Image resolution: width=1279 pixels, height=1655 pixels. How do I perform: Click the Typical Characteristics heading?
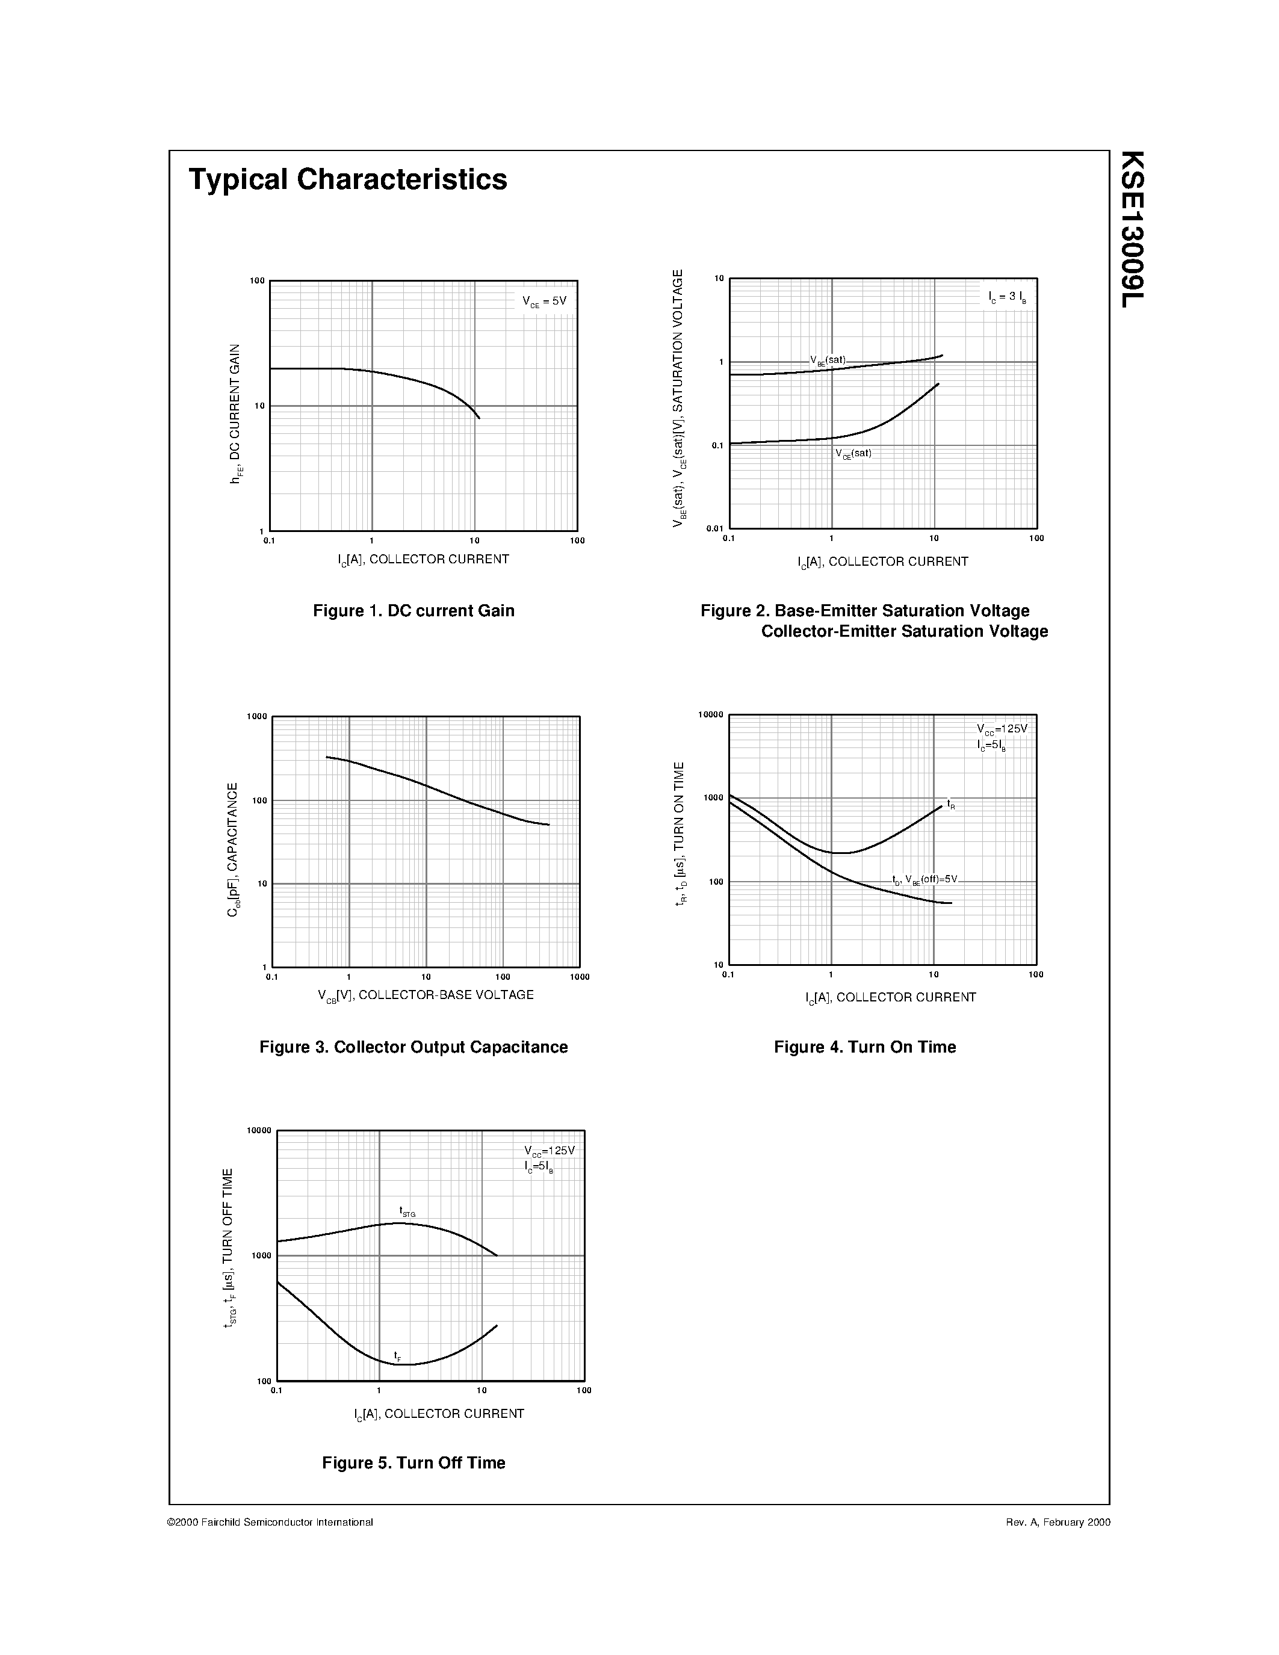[348, 179]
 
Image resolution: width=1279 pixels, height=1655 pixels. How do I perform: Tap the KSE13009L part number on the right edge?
[1132, 229]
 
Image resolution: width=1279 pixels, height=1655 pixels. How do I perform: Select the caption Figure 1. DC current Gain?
[413, 611]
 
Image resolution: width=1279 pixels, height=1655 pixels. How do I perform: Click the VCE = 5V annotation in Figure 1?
[544, 301]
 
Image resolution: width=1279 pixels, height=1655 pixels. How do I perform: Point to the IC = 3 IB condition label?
[1007, 297]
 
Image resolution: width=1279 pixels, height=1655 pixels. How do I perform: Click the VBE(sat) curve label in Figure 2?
[828, 360]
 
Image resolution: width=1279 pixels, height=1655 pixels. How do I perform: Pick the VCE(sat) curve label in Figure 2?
[854, 454]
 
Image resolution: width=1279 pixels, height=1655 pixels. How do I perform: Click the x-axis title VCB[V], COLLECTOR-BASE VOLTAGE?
[425, 995]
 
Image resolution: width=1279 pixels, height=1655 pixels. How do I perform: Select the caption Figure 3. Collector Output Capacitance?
[413, 1047]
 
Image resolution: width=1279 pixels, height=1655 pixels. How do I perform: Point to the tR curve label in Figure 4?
[951, 803]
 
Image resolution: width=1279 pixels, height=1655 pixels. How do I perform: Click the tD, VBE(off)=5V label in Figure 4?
[924, 880]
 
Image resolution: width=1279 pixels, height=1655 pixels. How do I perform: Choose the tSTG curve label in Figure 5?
[407, 1211]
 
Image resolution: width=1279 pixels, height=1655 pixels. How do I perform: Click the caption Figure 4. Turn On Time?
[864, 1047]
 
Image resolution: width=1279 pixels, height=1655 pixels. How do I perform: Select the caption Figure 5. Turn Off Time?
[413, 1462]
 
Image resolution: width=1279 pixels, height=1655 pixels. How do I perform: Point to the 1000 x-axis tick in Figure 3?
[580, 977]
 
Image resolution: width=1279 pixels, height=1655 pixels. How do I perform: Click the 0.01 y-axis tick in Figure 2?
[714, 528]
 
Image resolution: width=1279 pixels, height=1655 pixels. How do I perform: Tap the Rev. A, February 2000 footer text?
[1058, 1521]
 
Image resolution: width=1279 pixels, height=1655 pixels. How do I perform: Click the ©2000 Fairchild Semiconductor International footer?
[270, 1521]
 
